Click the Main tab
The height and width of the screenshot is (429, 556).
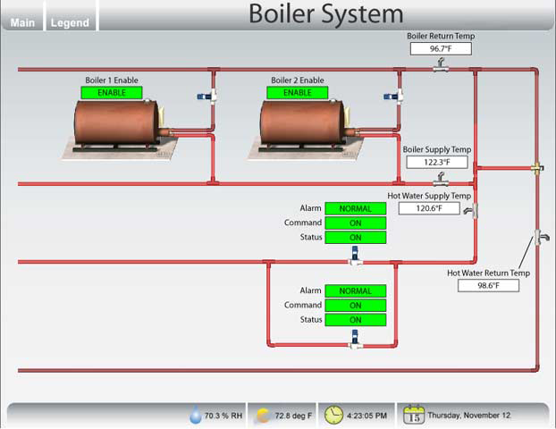[x=23, y=22]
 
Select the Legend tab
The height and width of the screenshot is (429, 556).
[x=70, y=22]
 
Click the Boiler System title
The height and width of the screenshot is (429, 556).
[x=325, y=13]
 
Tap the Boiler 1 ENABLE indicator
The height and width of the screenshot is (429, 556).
[x=112, y=92]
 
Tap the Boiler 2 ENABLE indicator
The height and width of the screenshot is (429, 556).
[x=298, y=92]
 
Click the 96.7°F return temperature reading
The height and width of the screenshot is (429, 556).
[x=440, y=49]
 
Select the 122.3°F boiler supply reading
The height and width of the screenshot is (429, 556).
[x=436, y=163]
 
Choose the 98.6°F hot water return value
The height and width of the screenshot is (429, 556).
[x=488, y=285]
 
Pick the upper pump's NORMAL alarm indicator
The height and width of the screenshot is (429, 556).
[x=355, y=208]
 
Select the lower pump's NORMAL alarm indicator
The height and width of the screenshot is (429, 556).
[x=355, y=290]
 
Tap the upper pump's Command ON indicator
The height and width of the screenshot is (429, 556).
[x=355, y=223]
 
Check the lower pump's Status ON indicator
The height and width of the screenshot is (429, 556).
[x=355, y=319]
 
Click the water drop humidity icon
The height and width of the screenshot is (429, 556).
[x=196, y=416]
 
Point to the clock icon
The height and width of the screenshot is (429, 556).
[x=333, y=415]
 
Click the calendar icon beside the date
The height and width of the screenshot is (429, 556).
[x=414, y=415]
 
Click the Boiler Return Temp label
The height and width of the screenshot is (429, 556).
[x=441, y=36]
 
